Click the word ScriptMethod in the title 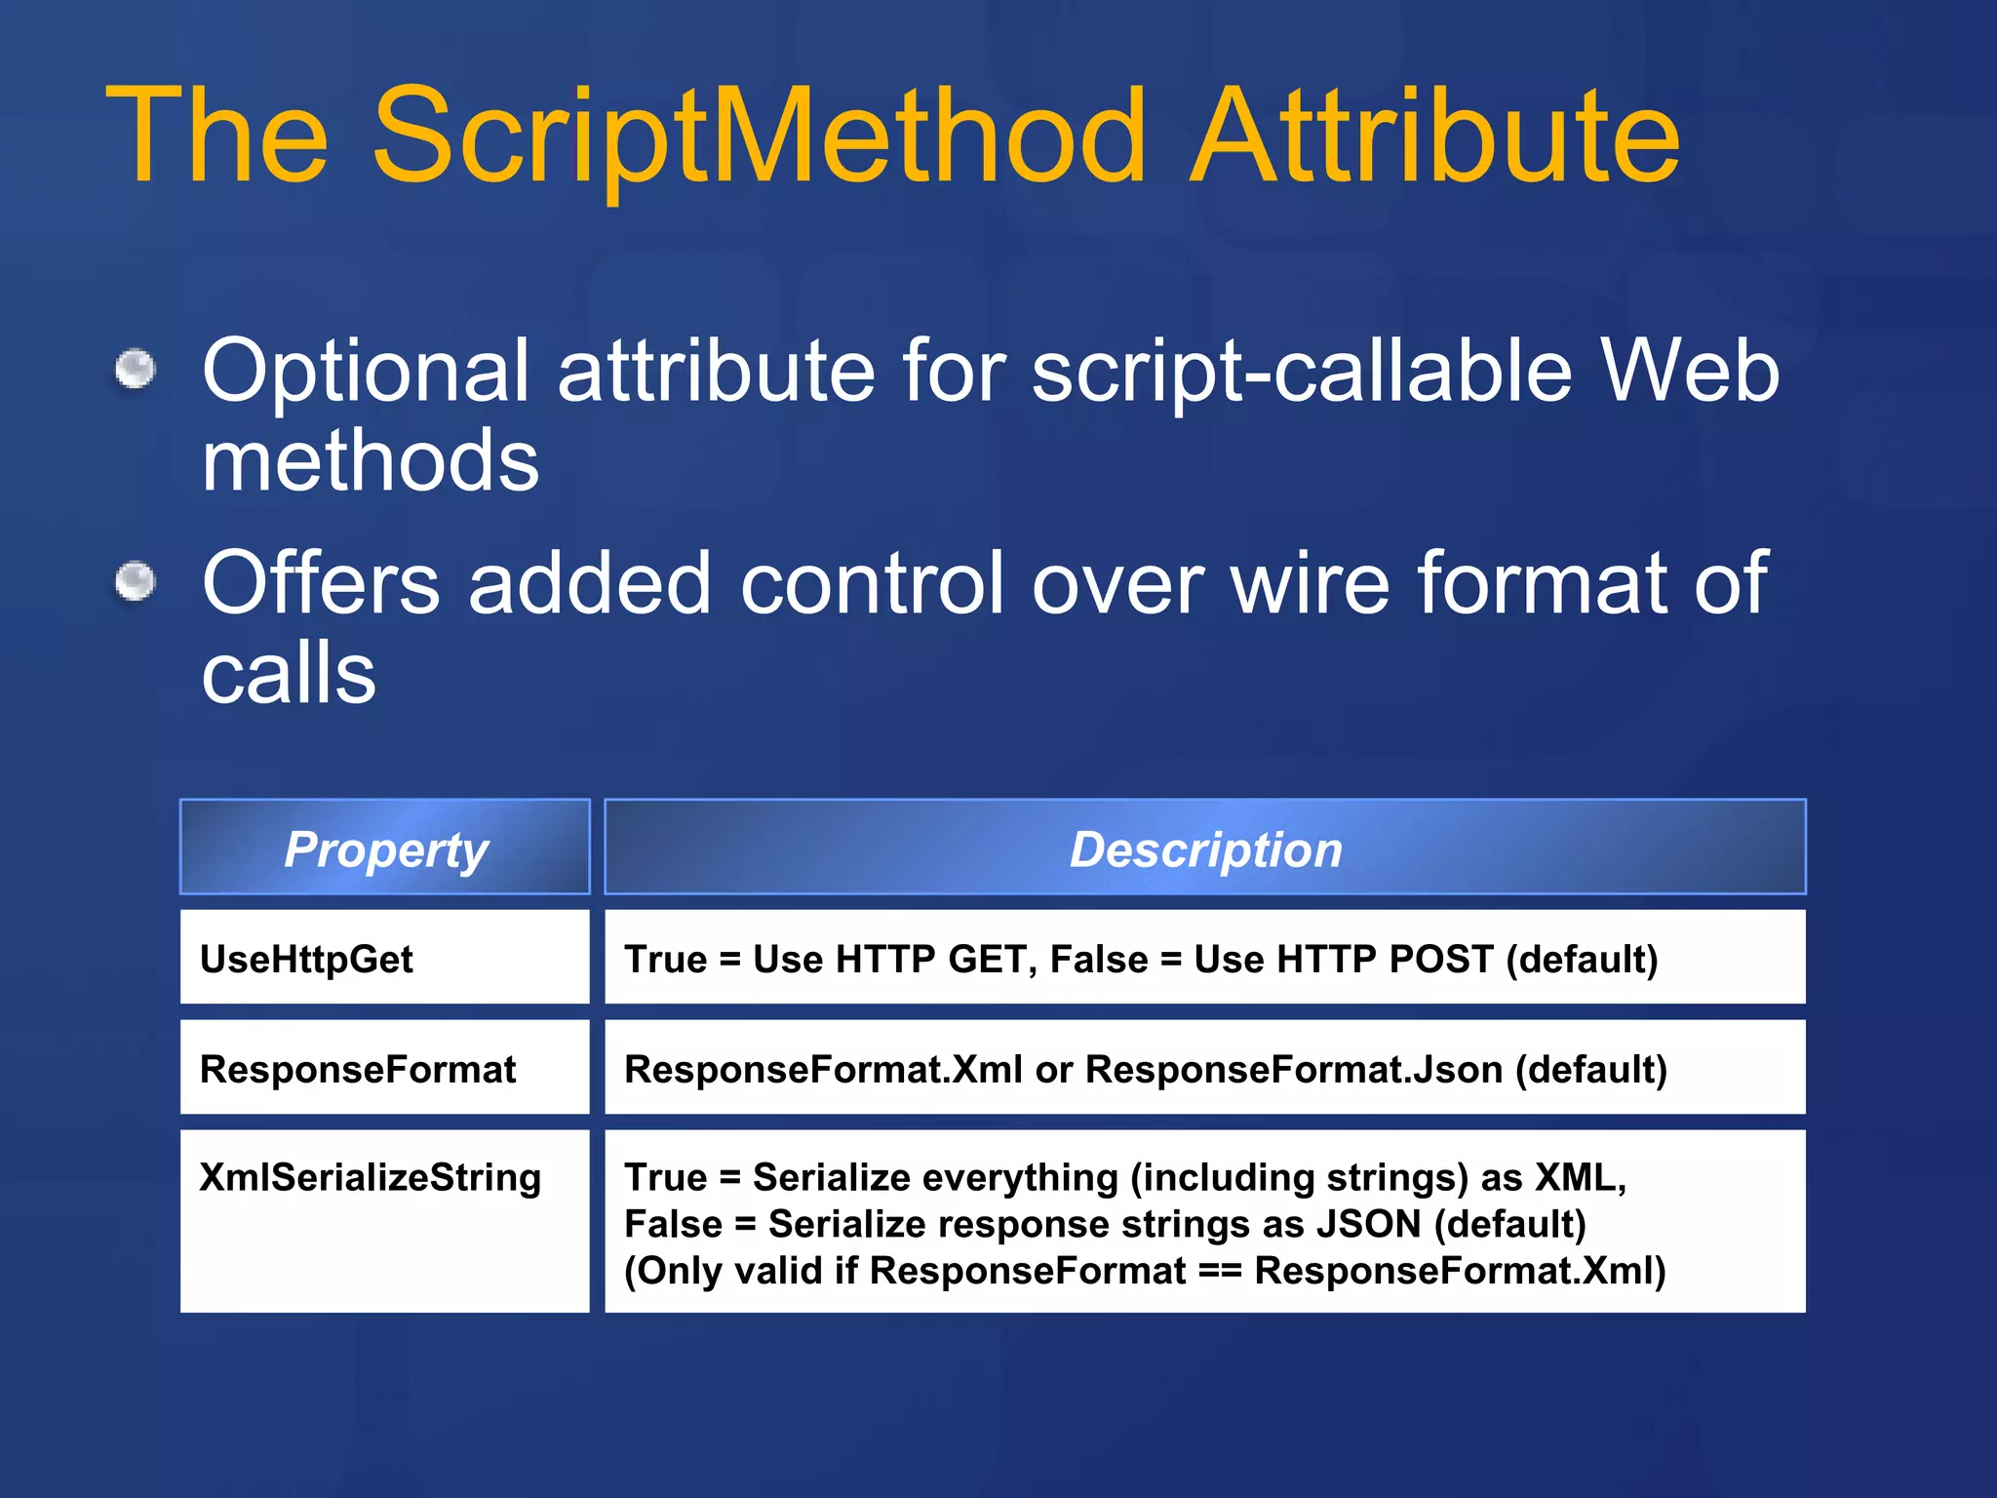click(x=759, y=137)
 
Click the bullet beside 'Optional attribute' click(x=136, y=369)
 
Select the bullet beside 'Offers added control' click(x=136, y=581)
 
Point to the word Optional click(x=365, y=373)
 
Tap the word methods click(x=370, y=460)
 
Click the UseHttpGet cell click(x=306, y=959)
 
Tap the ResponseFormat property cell click(x=357, y=1069)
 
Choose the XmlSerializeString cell click(x=370, y=1177)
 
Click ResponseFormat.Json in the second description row click(x=1294, y=1069)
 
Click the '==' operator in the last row click(x=1220, y=1271)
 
